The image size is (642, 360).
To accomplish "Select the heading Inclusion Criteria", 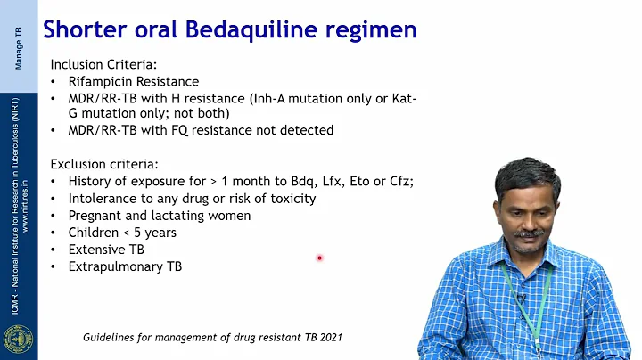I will coord(104,64).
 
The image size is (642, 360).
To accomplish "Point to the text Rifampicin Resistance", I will coord(134,81).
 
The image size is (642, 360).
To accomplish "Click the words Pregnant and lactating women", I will coord(160,216).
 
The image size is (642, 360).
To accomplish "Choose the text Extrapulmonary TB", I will coord(125,266).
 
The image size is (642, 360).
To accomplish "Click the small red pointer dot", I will coord(318,258).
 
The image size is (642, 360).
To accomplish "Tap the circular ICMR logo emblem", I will coord(17,340).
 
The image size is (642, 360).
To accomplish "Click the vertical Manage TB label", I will coord(19,45).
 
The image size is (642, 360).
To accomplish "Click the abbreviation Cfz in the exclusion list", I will coord(399,182).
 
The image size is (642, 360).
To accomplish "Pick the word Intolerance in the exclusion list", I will coord(103,199).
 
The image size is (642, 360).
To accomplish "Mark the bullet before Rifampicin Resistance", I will coord(54,82).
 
